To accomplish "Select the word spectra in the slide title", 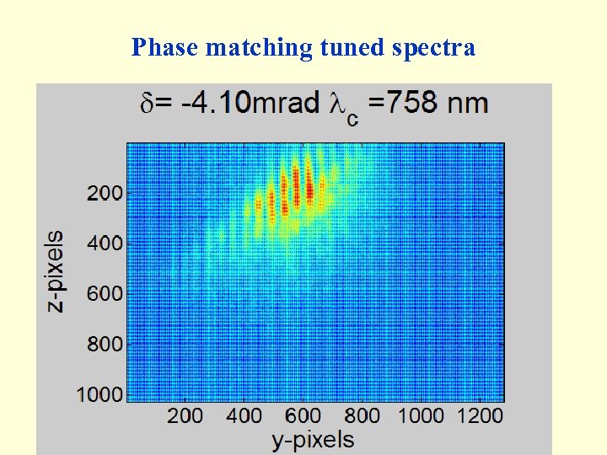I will tap(434, 48).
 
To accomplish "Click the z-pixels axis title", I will tap(55, 271).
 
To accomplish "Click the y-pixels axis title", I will tap(313, 439).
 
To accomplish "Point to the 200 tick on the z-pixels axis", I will tap(104, 193).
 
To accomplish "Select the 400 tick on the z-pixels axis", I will tap(104, 244).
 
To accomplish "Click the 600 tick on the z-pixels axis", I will tap(104, 294).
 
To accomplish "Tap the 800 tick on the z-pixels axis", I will tap(104, 345).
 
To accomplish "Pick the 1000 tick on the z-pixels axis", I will tap(99, 394).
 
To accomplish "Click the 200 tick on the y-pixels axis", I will tap(185, 415).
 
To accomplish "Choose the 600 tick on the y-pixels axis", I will tap(303, 415).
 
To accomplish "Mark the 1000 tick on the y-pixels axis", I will tap(421, 415).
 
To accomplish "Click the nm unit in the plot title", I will tap(469, 104).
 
